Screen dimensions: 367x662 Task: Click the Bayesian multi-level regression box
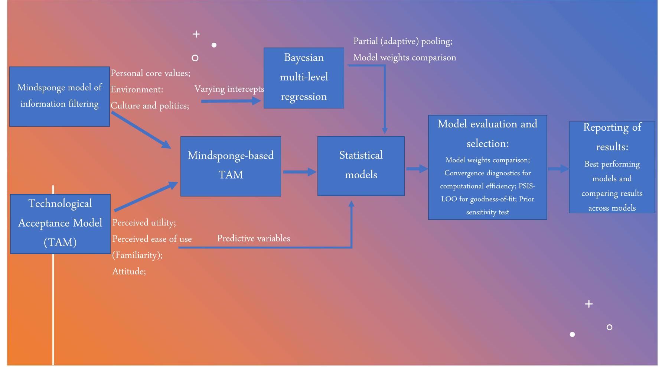(x=304, y=78)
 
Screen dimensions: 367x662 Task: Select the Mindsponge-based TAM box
(x=231, y=166)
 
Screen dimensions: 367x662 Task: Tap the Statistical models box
(x=361, y=166)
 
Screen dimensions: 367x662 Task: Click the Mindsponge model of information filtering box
(x=59, y=96)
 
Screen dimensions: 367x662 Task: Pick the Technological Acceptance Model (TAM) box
(x=60, y=224)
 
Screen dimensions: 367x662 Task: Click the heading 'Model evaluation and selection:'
(x=487, y=134)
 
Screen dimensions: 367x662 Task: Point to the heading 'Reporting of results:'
(x=612, y=137)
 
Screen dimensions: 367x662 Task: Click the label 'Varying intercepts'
(x=229, y=89)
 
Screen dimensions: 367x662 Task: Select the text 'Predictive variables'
(x=254, y=238)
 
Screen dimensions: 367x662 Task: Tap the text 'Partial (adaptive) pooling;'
(x=403, y=41)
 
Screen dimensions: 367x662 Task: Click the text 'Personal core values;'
(x=150, y=73)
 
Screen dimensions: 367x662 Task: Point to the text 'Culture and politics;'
(x=150, y=106)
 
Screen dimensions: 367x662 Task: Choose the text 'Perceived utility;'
(x=144, y=223)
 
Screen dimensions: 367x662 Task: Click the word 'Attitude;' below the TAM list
(x=129, y=272)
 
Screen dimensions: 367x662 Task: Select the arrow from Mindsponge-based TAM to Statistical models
(x=299, y=172)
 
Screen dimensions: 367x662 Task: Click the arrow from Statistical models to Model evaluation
(x=417, y=169)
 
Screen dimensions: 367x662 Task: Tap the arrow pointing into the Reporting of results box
(x=558, y=169)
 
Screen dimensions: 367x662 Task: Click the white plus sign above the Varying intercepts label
(x=196, y=34)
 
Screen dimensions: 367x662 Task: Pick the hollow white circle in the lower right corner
(x=609, y=327)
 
